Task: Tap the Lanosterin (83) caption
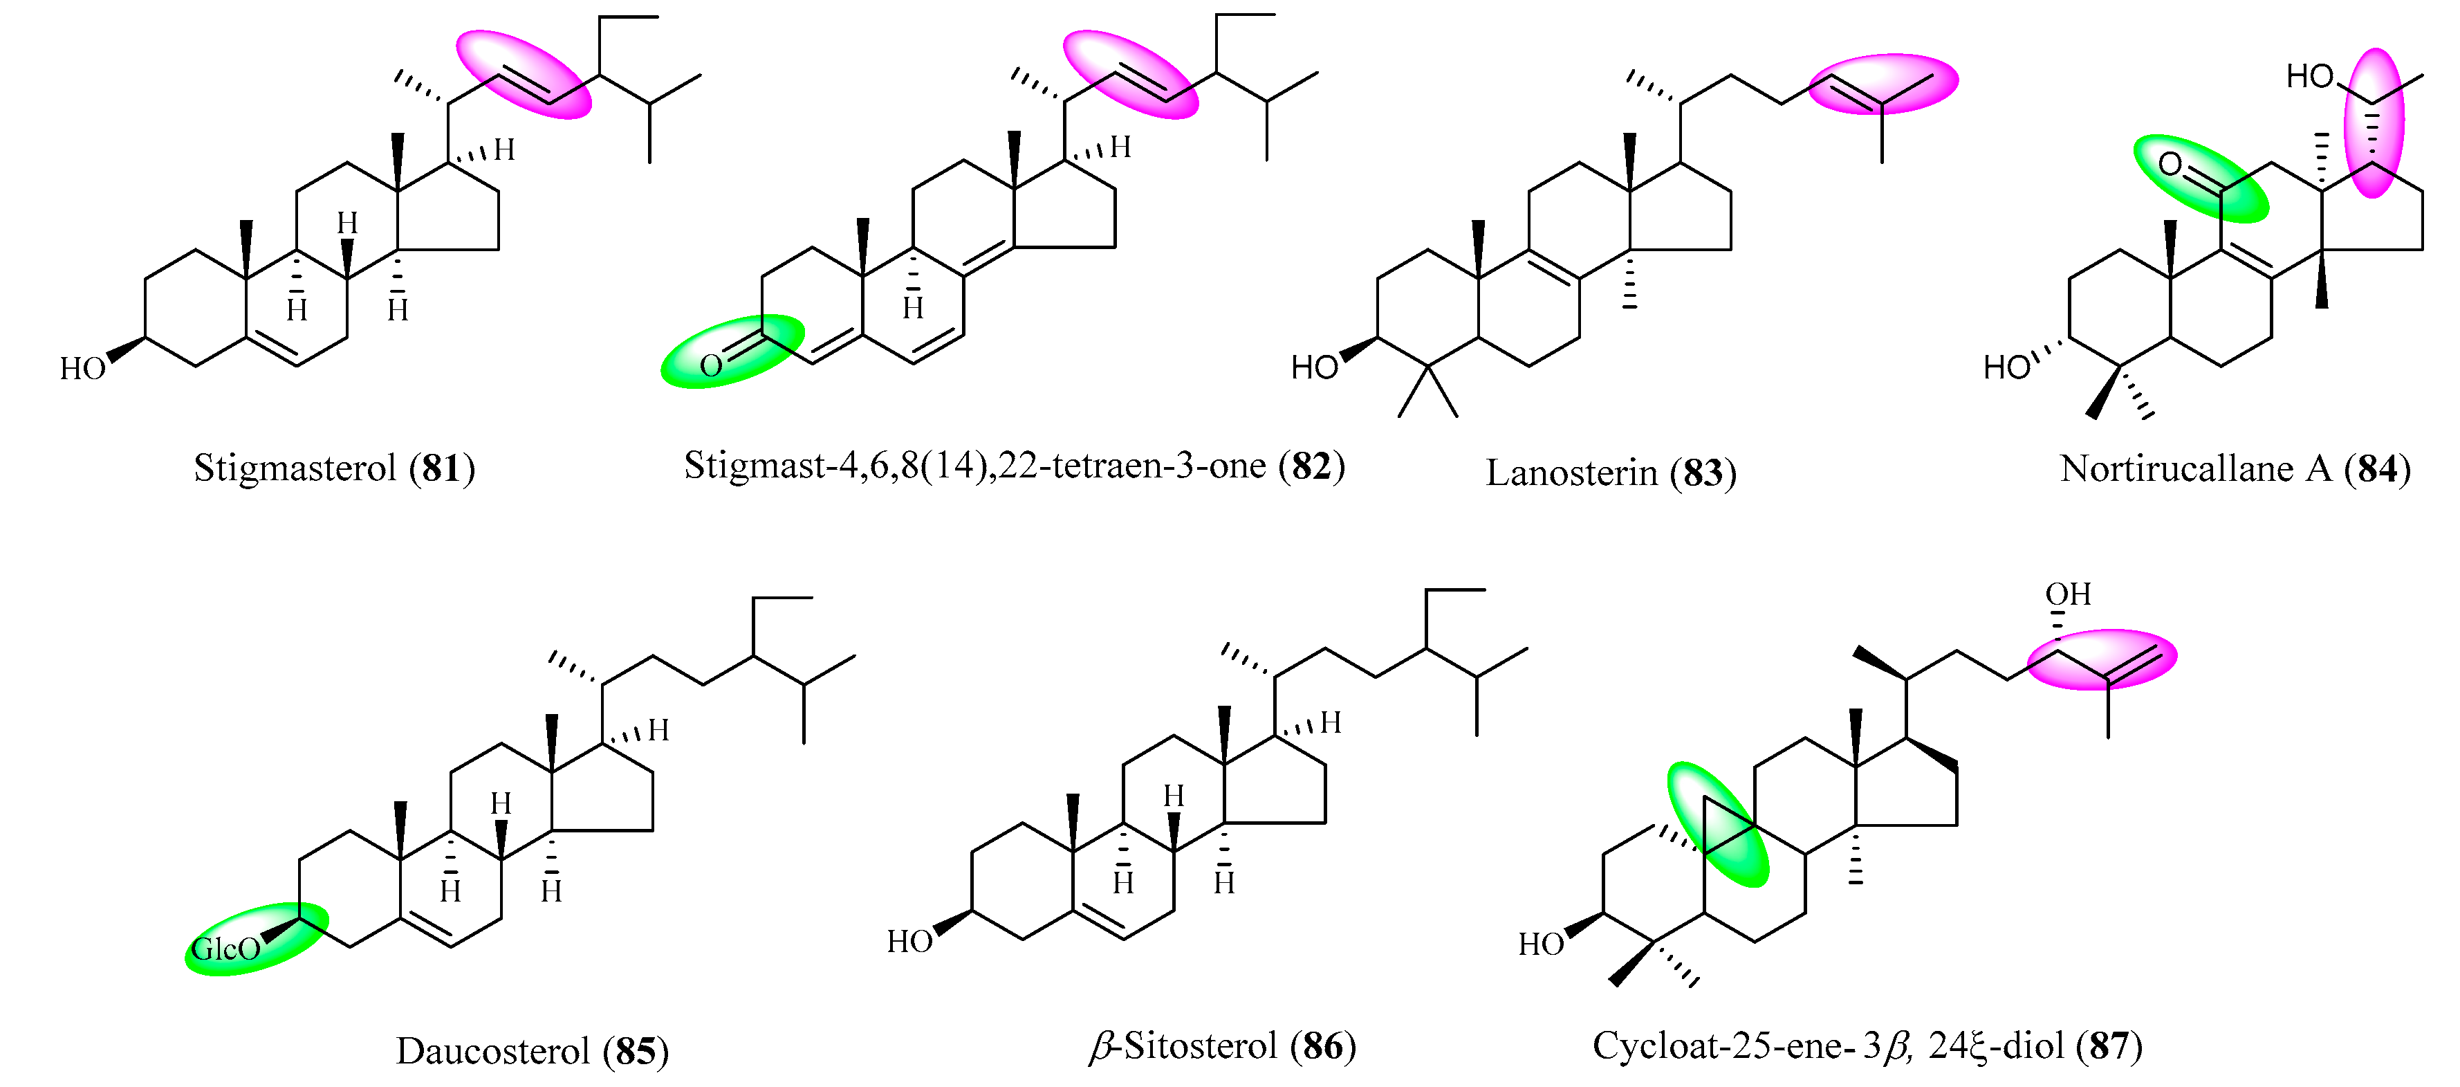[x=1610, y=473]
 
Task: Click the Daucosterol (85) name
[x=532, y=1051]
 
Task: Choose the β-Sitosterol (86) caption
[x=1222, y=1046]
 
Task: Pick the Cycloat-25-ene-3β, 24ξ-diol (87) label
[x=1867, y=1046]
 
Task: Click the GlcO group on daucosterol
[x=226, y=949]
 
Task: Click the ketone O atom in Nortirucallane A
[x=2170, y=164]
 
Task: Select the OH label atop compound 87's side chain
[x=2067, y=594]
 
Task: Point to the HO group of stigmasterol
[x=82, y=369]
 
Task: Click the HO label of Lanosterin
[x=1314, y=367]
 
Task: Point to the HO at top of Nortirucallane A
[x=2309, y=76]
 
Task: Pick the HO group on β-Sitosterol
[x=909, y=942]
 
